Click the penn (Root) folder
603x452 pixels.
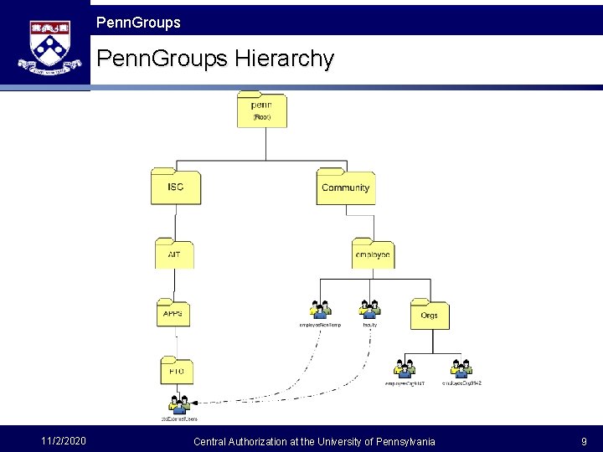coord(261,110)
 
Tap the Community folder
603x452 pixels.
coord(345,187)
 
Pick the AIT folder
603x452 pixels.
coord(174,253)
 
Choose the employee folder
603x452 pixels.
coord(373,254)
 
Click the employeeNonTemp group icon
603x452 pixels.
coord(320,309)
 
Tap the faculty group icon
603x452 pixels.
coord(369,309)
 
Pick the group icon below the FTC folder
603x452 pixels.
coord(178,404)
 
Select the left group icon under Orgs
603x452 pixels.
coord(405,368)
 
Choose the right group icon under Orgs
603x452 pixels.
coord(461,368)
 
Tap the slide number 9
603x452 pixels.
coord(584,441)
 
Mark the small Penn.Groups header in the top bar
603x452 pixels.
coord(138,23)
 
